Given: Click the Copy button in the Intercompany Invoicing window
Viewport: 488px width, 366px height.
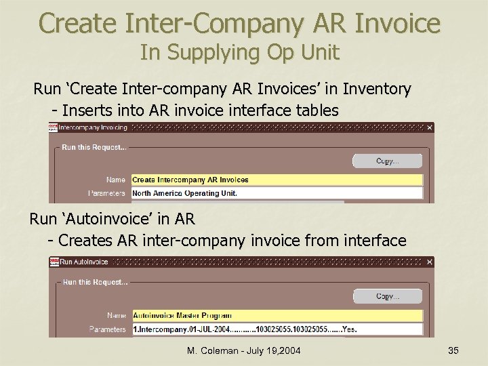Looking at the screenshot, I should [387, 161].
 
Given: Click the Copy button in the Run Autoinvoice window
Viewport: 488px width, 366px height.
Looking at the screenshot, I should [387, 296].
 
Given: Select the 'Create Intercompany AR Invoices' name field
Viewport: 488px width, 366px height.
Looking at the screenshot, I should [277, 180].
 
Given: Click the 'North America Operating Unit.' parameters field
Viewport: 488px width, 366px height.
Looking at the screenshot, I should [277, 193].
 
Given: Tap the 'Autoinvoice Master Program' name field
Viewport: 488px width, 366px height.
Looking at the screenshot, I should [277, 315].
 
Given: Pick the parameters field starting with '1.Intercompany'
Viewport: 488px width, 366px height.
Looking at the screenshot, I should [277, 329].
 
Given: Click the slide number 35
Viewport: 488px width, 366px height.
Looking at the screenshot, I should [453, 350].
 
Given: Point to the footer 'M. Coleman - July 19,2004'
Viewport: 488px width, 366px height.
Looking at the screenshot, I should [243, 350].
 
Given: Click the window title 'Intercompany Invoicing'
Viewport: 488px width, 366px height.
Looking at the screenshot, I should [93, 127].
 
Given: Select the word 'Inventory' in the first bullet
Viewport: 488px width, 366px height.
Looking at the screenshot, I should [377, 89].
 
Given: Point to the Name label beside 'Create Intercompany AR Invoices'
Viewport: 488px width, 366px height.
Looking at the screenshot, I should [115, 180].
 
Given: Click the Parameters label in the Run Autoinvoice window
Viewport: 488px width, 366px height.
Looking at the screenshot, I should [107, 329].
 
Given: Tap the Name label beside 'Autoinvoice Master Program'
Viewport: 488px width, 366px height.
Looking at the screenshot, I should [116, 316].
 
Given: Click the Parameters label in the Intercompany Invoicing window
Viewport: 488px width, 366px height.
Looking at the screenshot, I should [107, 194].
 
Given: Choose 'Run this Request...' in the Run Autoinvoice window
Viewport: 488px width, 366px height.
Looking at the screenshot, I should [93, 282].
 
